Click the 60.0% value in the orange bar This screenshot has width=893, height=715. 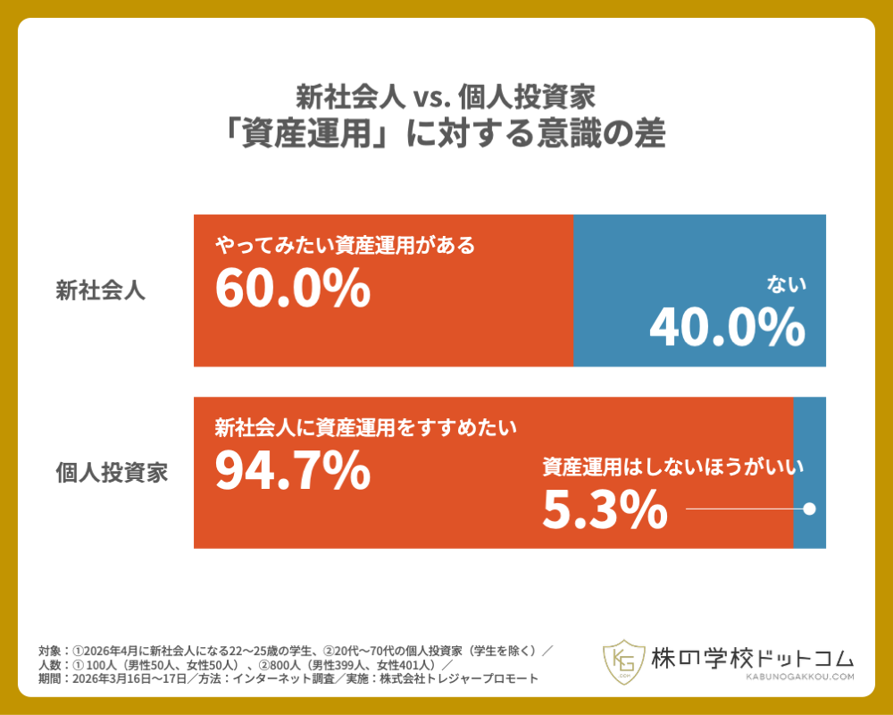tap(293, 288)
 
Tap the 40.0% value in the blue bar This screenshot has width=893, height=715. tap(727, 328)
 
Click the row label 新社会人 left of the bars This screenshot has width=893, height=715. tap(100, 290)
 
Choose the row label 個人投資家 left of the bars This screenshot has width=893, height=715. tap(112, 473)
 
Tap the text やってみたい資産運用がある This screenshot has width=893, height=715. tap(345, 245)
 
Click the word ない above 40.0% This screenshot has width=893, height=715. tap(787, 285)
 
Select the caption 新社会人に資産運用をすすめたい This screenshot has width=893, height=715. tap(366, 427)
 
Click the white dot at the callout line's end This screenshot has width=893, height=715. tap(809, 509)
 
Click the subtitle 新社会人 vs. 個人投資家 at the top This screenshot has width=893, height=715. tap(446, 96)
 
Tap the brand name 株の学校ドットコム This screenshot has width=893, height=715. tap(752, 656)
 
